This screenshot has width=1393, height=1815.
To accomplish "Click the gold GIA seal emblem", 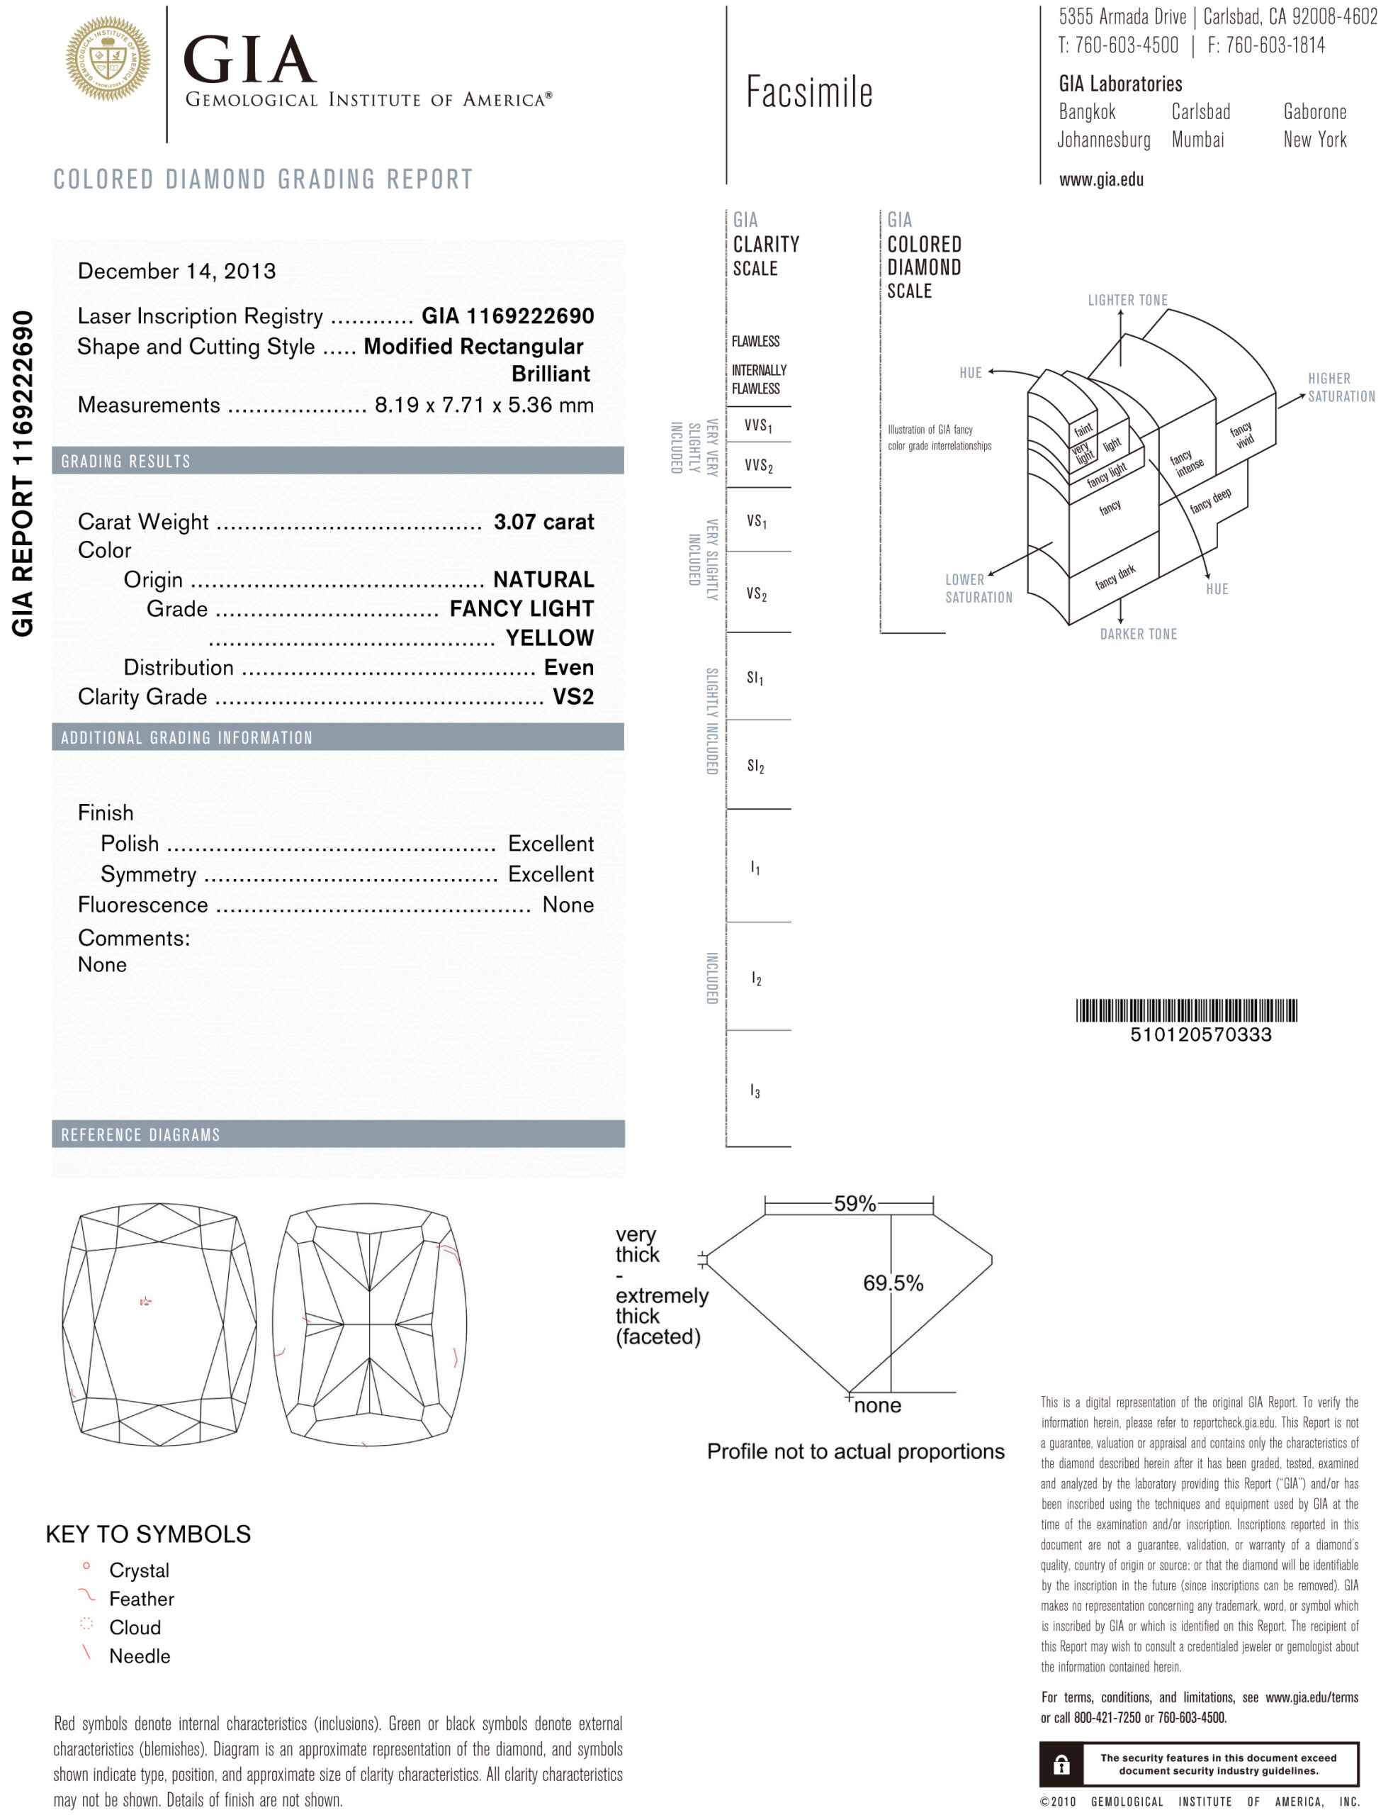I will pos(108,60).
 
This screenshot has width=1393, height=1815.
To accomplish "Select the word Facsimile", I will pos(808,92).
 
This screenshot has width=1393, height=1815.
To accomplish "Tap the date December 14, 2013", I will pos(176,272).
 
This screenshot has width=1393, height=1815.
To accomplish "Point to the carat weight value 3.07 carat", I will pos(543,522).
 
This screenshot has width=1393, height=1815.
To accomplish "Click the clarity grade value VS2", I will pos(573,697).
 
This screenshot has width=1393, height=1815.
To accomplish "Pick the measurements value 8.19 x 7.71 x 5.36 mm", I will pos(483,405).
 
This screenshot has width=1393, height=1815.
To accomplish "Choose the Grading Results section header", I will pos(126,462).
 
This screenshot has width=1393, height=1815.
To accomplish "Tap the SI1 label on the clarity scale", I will pos(755,678).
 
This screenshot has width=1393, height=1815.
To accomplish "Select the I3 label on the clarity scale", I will pos(755,1091).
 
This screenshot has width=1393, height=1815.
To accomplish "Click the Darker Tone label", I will pos(1138,635).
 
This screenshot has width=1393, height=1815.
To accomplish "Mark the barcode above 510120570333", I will pos(1185,1010).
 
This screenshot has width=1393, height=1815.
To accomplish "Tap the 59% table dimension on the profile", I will pos(854,1204).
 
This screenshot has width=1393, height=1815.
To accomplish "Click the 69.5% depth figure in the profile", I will pos(892,1283).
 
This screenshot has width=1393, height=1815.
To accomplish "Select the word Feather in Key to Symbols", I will pos(142,1599).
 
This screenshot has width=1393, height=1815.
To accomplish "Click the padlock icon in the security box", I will pos(1061,1765).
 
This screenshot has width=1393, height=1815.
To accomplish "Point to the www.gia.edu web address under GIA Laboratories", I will pos(1100,180).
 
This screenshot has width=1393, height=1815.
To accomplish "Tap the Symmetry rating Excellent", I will pos(551,874).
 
